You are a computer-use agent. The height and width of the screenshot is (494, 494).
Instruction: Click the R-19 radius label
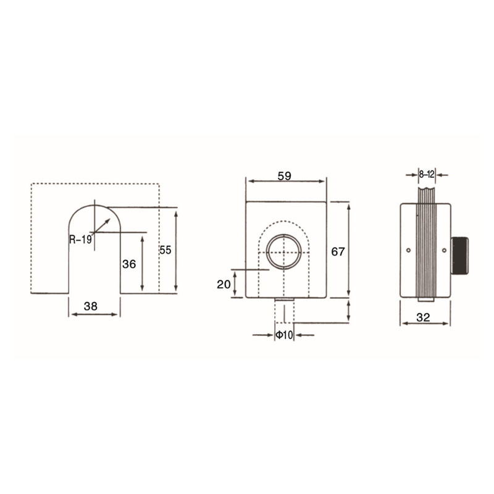pos(80,240)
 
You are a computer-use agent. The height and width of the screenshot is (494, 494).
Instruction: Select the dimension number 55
pos(165,250)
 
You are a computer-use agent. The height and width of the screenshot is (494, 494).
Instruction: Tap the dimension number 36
pos(129,264)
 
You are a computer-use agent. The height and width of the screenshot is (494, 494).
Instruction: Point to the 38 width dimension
pos(91,306)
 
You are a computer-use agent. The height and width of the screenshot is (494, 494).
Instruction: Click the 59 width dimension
pos(284,176)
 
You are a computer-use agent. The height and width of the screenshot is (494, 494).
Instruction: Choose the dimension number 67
pos(338,251)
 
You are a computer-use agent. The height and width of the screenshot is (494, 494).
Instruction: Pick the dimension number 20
pos(224,285)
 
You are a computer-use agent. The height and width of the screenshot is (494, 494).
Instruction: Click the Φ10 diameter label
pos(284,335)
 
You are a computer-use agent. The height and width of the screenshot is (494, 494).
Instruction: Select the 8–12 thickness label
pos(427,174)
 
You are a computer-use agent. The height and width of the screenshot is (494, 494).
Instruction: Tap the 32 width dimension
pos(423,317)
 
